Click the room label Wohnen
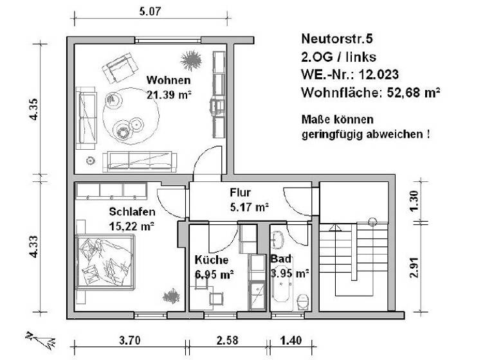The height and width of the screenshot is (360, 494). click(169, 80)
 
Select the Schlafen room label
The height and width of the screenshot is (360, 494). click(132, 212)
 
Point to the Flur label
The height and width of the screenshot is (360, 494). click(240, 193)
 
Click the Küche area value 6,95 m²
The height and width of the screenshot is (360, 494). click(214, 274)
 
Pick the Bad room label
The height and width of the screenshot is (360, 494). click(281, 258)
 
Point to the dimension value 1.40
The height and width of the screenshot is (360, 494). click(291, 340)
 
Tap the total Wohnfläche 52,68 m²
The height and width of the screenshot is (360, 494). click(370, 93)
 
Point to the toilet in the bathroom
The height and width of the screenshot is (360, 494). click(303, 301)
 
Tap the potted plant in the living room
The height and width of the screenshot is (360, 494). click(191, 61)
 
